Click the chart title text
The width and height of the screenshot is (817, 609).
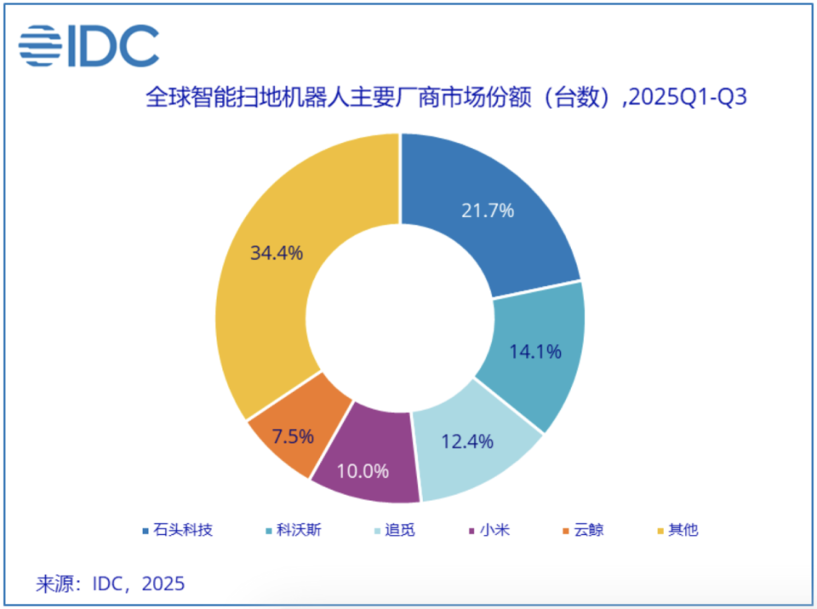pyautogui.click(x=446, y=97)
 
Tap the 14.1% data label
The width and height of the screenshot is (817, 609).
pyautogui.click(x=535, y=351)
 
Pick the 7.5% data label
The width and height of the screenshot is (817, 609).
pyautogui.click(x=289, y=436)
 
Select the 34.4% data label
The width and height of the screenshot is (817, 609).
pyautogui.click(x=277, y=253)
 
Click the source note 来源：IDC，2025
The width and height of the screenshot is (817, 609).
pyautogui.click(x=110, y=584)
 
